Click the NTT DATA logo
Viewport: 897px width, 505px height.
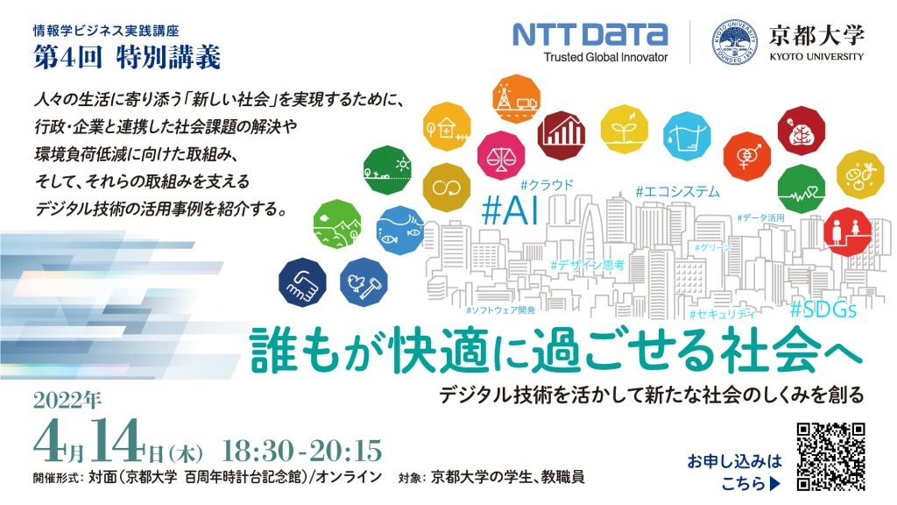[x=590, y=42]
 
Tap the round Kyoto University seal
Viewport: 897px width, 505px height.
[x=735, y=42]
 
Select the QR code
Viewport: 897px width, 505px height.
[x=830, y=456]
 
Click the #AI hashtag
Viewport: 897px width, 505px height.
[x=511, y=210]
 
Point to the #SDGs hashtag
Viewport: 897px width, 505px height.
[x=823, y=309]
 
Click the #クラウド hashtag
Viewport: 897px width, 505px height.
[x=547, y=184]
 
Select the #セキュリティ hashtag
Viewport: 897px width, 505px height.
[x=723, y=314]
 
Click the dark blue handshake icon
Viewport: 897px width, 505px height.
[x=302, y=283]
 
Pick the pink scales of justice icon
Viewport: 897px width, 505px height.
[x=501, y=156]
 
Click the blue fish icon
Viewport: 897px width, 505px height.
[x=399, y=230]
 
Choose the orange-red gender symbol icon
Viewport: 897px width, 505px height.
[x=746, y=156]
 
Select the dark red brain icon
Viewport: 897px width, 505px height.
[x=801, y=132]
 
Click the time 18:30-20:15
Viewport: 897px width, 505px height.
[x=301, y=452]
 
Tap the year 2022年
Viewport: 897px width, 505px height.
[x=67, y=401]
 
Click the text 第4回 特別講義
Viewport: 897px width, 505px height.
[x=127, y=58]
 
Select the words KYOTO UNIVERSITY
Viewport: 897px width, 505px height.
[x=816, y=57]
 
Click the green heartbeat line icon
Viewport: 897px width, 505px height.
[x=801, y=189]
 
